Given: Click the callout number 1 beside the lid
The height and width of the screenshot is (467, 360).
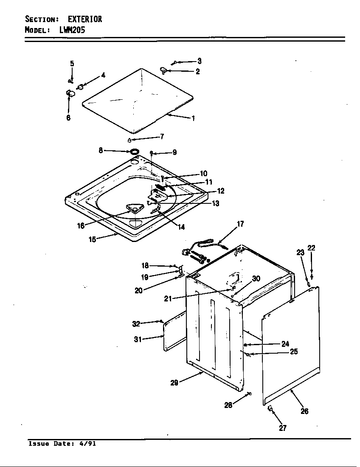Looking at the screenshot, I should tap(193, 119).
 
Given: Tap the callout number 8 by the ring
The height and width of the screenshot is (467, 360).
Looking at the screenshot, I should tap(101, 150).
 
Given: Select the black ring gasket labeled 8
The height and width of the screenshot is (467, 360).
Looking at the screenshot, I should tap(135, 151).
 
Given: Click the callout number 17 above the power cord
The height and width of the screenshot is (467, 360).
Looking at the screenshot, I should tap(240, 224).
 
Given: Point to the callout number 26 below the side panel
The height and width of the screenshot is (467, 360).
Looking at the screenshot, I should tap(304, 411).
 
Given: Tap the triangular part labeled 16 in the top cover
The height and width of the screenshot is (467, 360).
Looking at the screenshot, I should tap(134, 208).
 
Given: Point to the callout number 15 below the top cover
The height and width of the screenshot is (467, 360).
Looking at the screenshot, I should tap(92, 239).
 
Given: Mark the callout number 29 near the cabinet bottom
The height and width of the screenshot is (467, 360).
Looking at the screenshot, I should tap(174, 383).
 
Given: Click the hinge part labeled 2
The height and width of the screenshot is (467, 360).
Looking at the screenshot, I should tap(163, 70).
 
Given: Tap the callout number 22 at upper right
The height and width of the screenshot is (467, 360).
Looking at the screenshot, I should tap(312, 248).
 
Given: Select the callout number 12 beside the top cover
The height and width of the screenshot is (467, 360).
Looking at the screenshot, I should tap(221, 191).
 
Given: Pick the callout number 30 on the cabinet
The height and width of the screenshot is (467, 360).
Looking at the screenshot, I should tap(256, 279).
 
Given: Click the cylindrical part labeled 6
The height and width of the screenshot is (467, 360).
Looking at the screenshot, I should tap(69, 93).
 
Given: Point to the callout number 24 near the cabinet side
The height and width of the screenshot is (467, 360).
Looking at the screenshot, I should tap(285, 344).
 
